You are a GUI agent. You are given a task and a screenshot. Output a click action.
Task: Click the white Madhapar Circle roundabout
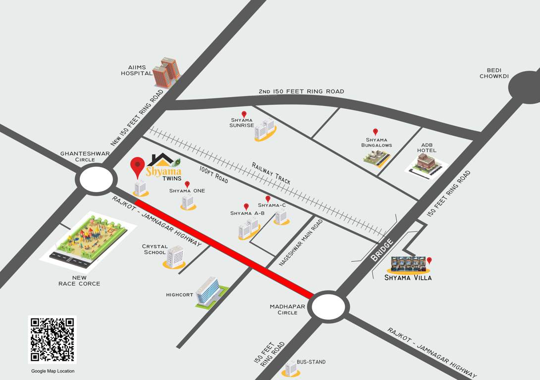click(x=328, y=307)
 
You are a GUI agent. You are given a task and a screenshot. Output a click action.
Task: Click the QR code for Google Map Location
click(x=53, y=340)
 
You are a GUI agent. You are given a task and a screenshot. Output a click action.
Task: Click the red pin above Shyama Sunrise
click(x=244, y=114)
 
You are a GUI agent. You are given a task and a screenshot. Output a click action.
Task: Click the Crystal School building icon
click(x=175, y=256)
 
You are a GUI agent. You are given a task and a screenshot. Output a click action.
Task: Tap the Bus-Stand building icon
click(x=290, y=367)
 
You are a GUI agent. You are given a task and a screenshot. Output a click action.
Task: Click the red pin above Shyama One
click(x=187, y=184)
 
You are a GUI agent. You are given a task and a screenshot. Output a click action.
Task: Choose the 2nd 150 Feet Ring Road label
click(x=301, y=92)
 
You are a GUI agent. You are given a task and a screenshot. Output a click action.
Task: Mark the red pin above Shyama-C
click(x=268, y=198)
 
